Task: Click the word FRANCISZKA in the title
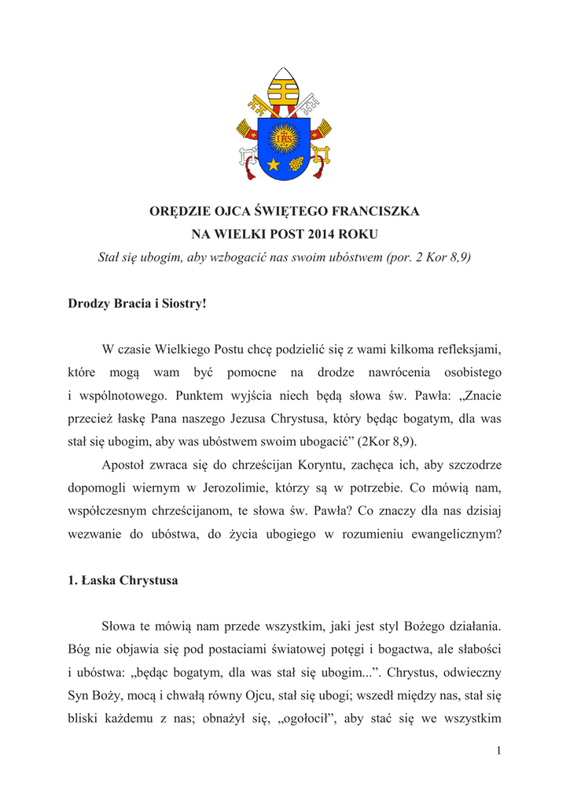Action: coord(378,211)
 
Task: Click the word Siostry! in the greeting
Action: coord(183,303)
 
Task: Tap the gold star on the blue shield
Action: coord(274,164)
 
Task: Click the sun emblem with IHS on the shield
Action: coord(285,140)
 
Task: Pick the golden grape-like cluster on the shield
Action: coord(296,164)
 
